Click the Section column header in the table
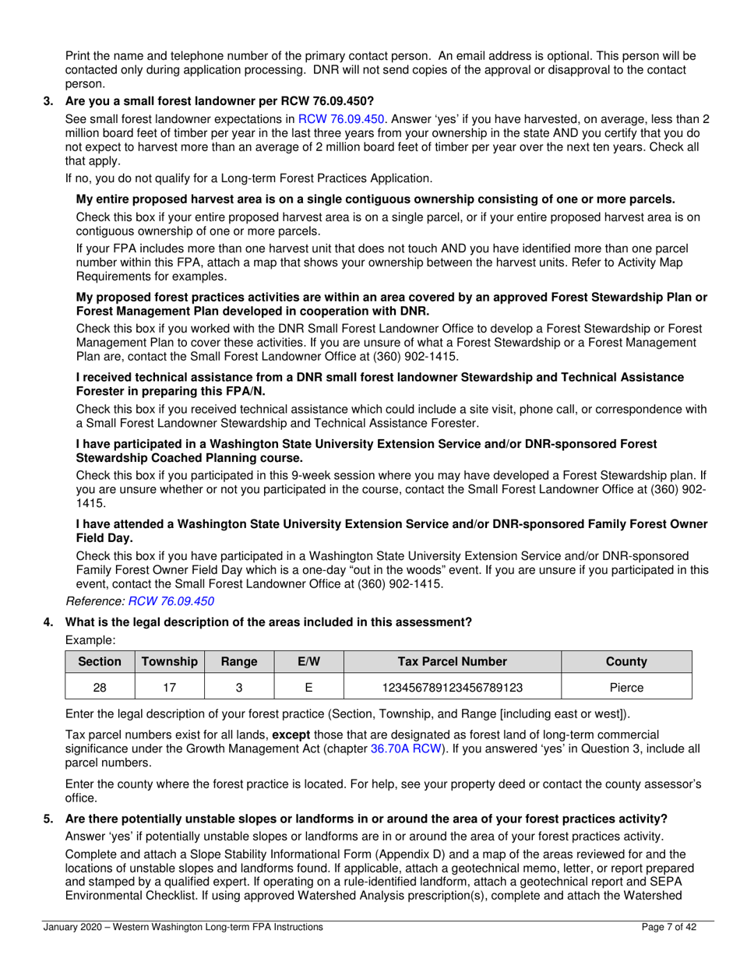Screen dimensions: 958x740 [x=100, y=661]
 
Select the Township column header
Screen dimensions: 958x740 [x=169, y=661]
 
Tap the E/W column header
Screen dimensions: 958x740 [x=308, y=661]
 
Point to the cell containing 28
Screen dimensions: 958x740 [x=100, y=688]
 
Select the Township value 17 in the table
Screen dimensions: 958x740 [x=169, y=688]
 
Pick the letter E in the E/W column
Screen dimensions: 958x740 [x=308, y=688]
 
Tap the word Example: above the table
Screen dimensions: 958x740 [x=90, y=639]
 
